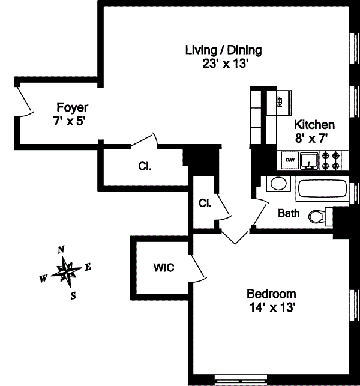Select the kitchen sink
pyautogui.click(x=310, y=160)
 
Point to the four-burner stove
pyautogui.click(x=332, y=160)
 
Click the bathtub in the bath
pyautogui.click(x=322, y=191)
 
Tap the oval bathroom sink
pyautogui.click(x=277, y=183)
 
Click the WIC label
pyautogui.click(x=164, y=268)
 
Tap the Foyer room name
pyautogui.click(x=72, y=108)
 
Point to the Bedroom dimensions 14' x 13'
pyautogui.click(x=272, y=307)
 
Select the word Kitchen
pyautogui.click(x=314, y=125)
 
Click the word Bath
pyautogui.click(x=289, y=213)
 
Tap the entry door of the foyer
pyautogui.click(x=24, y=101)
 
